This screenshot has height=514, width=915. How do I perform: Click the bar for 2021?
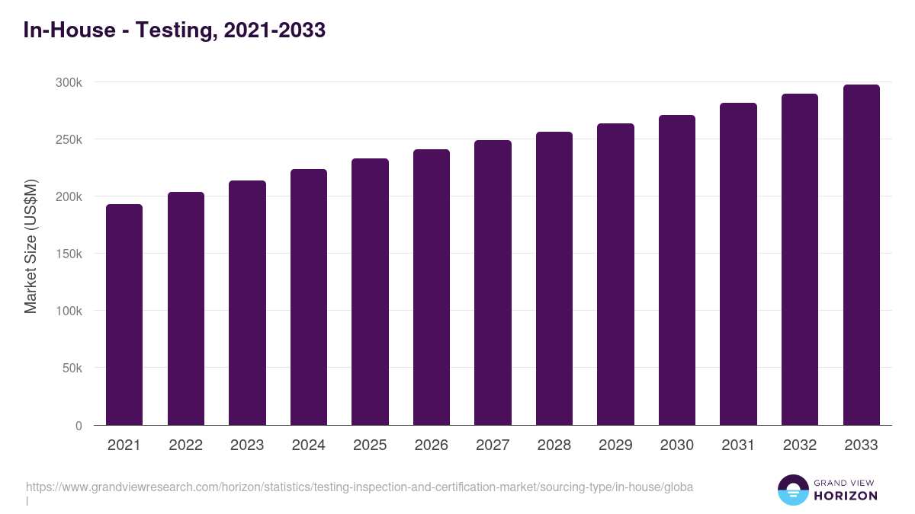tap(124, 314)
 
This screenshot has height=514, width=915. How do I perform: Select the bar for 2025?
tap(370, 292)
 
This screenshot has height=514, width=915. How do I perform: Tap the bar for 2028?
tap(554, 278)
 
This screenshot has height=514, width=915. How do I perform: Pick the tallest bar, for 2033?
tap(861, 254)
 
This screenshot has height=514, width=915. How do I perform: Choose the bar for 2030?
tap(677, 270)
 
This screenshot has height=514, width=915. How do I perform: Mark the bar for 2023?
tap(247, 302)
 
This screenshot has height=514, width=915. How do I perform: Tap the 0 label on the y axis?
tap(78, 426)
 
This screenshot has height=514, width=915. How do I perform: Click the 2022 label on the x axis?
tap(185, 445)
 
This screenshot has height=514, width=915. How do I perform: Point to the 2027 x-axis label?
tap(493, 445)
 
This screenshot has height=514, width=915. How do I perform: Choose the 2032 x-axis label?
tap(800, 445)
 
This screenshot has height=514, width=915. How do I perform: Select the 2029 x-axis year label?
tap(615, 445)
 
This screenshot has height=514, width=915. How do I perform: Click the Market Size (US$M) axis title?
tap(30, 247)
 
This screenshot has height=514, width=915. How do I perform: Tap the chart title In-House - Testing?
tap(175, 30)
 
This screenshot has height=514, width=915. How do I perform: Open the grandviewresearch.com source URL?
tap(359, 487)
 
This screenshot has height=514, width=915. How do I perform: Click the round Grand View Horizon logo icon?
tap(792, 490)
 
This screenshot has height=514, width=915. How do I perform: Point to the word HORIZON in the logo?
tap(845, 496)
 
